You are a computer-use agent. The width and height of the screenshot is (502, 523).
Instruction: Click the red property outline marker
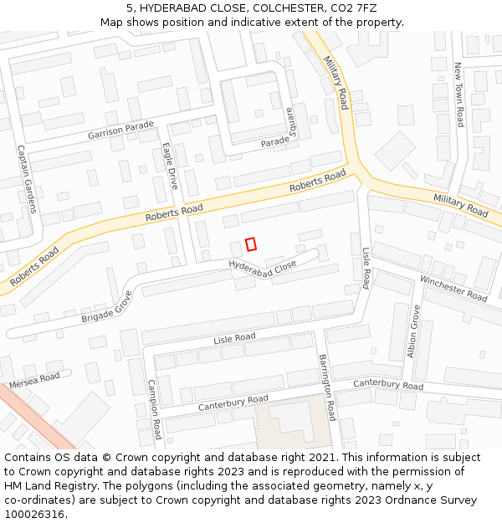250,244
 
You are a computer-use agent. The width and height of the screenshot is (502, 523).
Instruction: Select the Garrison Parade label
121,131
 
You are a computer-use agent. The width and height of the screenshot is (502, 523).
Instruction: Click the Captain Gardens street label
28,179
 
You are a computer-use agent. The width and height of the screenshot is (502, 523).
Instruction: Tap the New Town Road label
458,95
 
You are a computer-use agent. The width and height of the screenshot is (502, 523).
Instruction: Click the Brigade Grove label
107,308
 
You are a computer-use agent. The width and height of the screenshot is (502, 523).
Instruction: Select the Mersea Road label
34,380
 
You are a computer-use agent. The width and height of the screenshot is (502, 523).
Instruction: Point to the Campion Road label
154,409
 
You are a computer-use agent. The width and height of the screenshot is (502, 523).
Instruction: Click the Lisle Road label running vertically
366,268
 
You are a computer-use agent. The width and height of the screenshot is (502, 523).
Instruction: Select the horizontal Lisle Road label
234,338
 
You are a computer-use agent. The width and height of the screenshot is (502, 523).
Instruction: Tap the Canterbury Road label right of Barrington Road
388,384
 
